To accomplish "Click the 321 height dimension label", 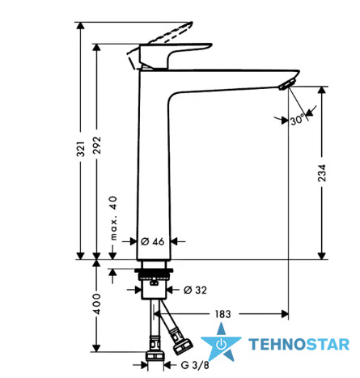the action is click(x=81, y=149).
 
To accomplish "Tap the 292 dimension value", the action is click(x=97, y=146).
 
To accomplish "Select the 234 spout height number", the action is click(x=322, y=173).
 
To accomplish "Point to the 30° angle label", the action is click(x=297, y=119).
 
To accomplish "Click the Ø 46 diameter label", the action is click(x=153, y=241).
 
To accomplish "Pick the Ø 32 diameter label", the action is click(x=195, y=290).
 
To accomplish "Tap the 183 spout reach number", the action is click(x=222, y=314).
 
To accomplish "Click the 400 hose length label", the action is click(x=97, y=304).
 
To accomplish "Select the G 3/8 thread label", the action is click(x=195, y=365).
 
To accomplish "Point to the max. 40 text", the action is click(x=114, y=218).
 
